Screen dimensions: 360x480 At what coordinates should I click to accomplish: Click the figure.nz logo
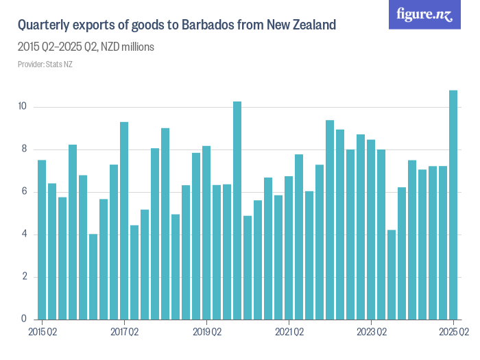click(x=424, y=15)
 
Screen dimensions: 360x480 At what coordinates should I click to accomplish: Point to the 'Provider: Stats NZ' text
click(x=45, y=64)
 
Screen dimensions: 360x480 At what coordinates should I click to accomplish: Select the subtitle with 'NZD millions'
click(x=86, y=47)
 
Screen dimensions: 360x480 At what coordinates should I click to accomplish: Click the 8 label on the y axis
click(x=24, y=149)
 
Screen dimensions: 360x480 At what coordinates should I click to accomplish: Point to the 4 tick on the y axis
click(x=24, y=235)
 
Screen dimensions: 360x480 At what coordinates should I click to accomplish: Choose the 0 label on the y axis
click(x=24, y=320)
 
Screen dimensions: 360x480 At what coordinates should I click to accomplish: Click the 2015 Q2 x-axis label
click(x=42, y=333)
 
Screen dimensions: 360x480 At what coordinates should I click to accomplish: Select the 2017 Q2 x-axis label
click(x=124, y=333)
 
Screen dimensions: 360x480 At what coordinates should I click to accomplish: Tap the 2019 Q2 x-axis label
click(x=206, y=333)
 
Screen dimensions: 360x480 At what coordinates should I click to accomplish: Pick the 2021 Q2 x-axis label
click(x=289, y=333)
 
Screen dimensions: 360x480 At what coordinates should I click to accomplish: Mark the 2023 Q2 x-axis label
click(x=371, y=333)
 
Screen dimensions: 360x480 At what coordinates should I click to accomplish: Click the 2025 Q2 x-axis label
click(x=453, y=333)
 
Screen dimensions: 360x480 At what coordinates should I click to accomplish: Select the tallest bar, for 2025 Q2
click(x=453, y=206)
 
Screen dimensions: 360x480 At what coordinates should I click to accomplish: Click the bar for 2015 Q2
click(x=42, y=240)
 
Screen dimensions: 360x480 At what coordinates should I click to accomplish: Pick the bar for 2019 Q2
click(x=206, y=233)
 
